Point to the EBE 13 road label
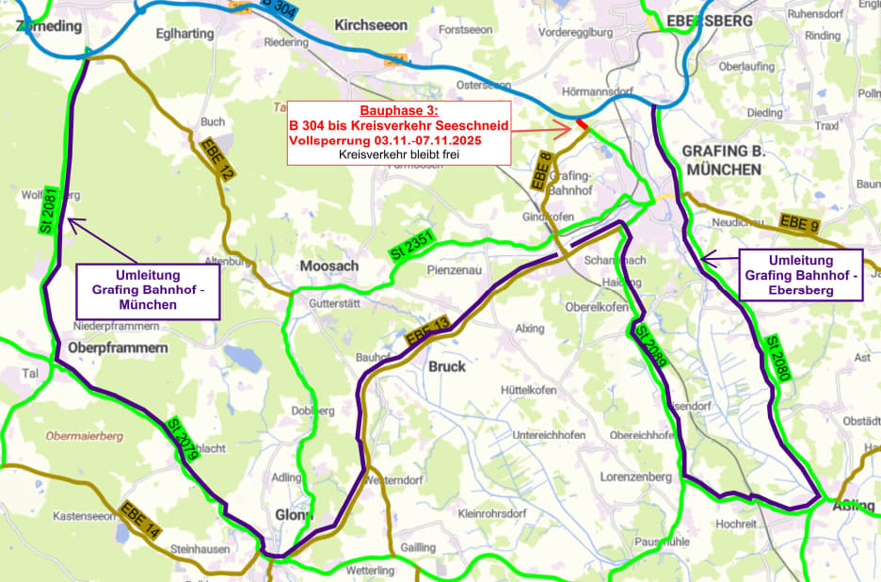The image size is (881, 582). (x=427, y=335)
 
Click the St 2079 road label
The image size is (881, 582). (x=182, y=439)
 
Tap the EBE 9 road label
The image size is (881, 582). (x=800, y=223)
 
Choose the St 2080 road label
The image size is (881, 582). (x=777, y=358)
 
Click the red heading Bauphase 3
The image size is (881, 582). (x=398, y=111)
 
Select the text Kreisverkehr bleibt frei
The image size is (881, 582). (x=398, y=154)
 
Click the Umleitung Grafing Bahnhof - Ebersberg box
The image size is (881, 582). (x=801, y=274)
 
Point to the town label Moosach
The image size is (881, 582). (x=329, y=267)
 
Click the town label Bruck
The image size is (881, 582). (x=447, y=366)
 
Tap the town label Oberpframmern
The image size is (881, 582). (x=118, y=348)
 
